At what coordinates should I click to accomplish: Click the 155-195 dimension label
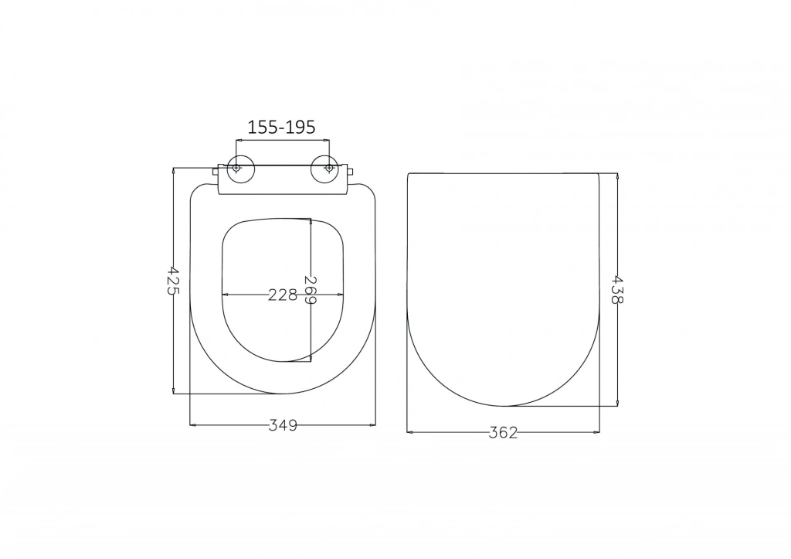pos(281,128)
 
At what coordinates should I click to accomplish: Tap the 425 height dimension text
pos(173,281)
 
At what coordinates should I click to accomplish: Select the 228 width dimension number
pos(283,295)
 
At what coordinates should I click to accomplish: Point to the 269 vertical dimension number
pos(311,290)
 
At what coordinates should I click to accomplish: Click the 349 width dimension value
pos(283,426)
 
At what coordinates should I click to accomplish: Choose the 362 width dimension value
pos(503,433)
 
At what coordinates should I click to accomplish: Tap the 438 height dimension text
pos(617,289)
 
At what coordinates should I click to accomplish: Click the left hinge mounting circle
pos(236,168)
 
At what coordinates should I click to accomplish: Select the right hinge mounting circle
pos(329,168)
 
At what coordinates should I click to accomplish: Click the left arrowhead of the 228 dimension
pos(225,295)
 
